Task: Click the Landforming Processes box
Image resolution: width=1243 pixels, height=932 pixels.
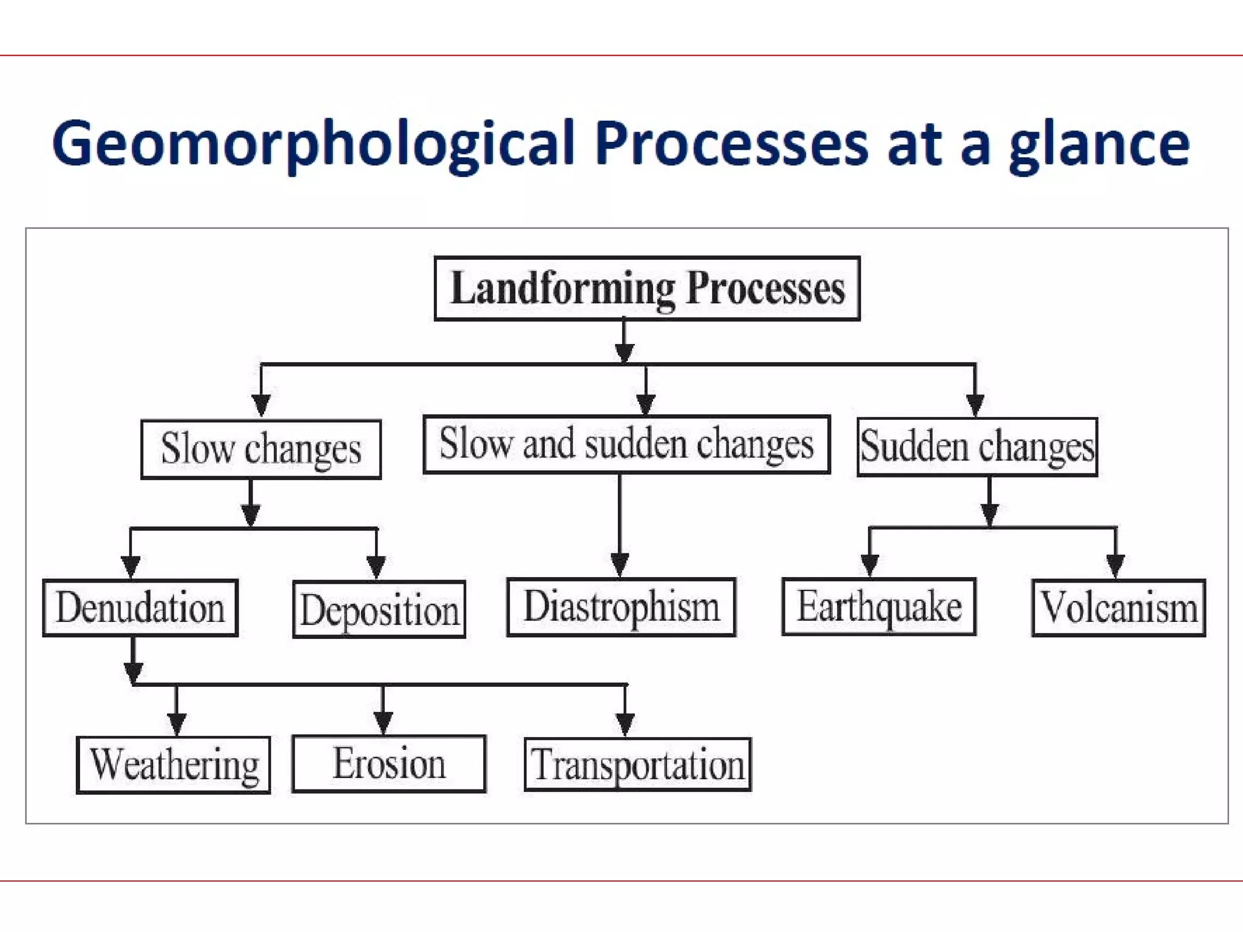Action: [647, 288]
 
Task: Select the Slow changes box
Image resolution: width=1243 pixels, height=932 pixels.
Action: [261, 449]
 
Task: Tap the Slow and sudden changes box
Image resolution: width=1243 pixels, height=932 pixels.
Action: [626, 444]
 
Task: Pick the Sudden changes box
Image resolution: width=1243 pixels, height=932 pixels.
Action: [977, 447]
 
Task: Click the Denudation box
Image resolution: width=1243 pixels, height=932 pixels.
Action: [140, 607]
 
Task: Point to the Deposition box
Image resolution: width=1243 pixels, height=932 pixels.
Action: [379, 609]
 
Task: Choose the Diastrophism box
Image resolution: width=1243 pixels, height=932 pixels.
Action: [621, 606]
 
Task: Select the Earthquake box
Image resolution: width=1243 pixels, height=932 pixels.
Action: [879, 606]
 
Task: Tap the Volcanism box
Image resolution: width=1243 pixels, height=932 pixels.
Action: [1119, 607]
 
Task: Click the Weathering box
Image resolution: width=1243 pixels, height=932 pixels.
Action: [174, 765]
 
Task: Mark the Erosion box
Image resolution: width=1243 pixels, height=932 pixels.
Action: [388, 763]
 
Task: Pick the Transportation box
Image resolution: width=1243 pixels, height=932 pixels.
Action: [637, 765]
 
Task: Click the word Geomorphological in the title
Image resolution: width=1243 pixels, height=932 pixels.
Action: [313, 144]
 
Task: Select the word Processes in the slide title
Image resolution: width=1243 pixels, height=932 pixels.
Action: [731, 144]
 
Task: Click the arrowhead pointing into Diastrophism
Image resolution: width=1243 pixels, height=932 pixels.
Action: [620, 564]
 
